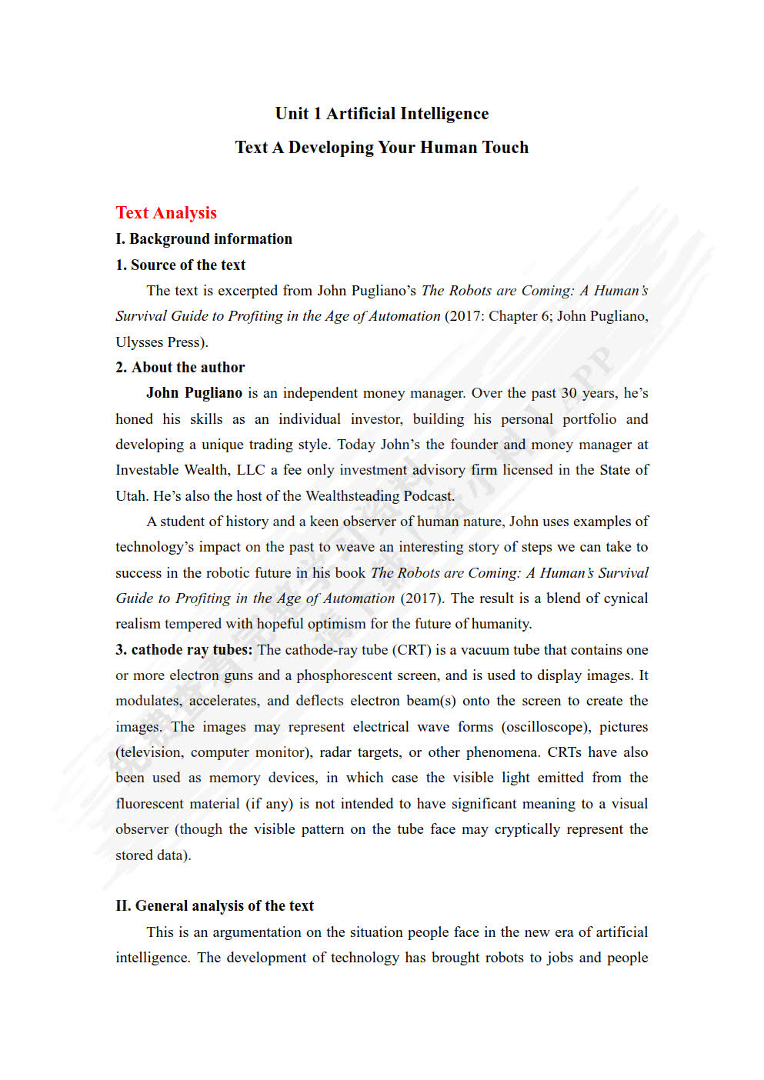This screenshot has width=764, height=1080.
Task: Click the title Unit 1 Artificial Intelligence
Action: coord(382,114)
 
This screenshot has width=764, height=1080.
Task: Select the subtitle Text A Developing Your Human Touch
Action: coord(382,148)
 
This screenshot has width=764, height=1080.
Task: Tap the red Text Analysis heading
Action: coord(166,213)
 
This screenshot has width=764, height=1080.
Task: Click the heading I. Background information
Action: coord(204,239)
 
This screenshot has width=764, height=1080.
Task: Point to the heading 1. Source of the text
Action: coord(181,265)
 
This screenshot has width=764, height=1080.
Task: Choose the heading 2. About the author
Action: coord(181,368)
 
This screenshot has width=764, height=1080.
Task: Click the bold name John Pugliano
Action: coord(194,393)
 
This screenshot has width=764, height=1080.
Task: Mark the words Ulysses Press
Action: coord(159,342)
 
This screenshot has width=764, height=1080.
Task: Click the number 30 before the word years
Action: coord(569,393)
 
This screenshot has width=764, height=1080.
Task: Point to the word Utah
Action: coord(130,496)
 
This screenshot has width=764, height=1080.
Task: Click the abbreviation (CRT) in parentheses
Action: coord(411,650)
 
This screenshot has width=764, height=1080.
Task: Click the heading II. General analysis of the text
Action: coord(215,906)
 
